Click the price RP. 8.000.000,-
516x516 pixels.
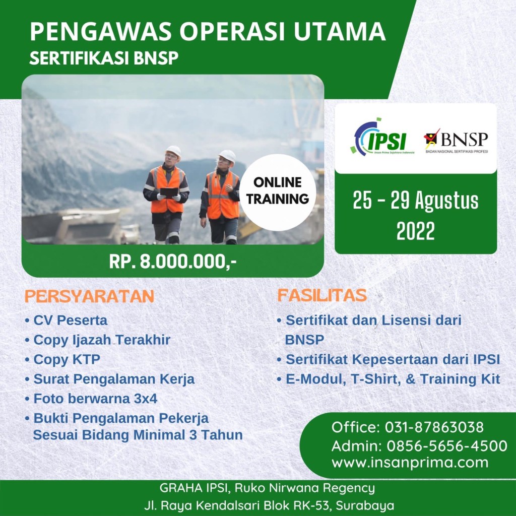(x=173, y=262)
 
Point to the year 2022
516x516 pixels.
(x=416, y=231)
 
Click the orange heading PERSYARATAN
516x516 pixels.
(x=89, y=296)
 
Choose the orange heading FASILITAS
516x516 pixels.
(x=322, y=295)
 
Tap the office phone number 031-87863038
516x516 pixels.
(x=434, y=427)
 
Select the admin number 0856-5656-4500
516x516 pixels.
(x=446, y=446)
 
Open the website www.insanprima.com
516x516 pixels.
(x=410, y=463)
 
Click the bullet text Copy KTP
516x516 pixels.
(x=67, y=359)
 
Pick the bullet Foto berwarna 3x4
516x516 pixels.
(x=95, y=399)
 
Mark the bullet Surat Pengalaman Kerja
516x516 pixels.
(x=114, y=379)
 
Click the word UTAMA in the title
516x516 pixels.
(x=339, y=32)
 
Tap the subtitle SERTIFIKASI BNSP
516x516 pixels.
(x=104, y=58)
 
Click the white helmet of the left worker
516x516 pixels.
(x=173, y=151)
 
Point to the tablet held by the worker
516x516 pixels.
(x=169, y=192)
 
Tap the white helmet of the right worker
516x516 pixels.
(x=227, y=156)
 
